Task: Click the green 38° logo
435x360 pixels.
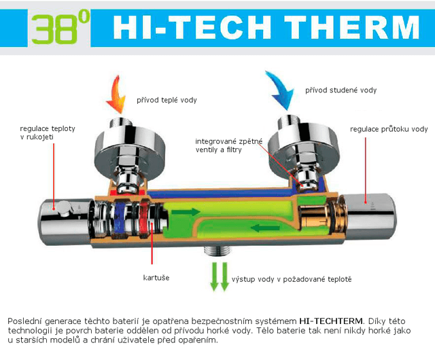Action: coord(60,28)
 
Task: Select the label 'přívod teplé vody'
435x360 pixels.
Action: coord(167,101)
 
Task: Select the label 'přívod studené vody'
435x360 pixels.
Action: coord(340,90)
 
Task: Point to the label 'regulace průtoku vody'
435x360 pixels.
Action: coord(389,129)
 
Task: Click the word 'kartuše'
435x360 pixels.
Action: coord(156,278)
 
